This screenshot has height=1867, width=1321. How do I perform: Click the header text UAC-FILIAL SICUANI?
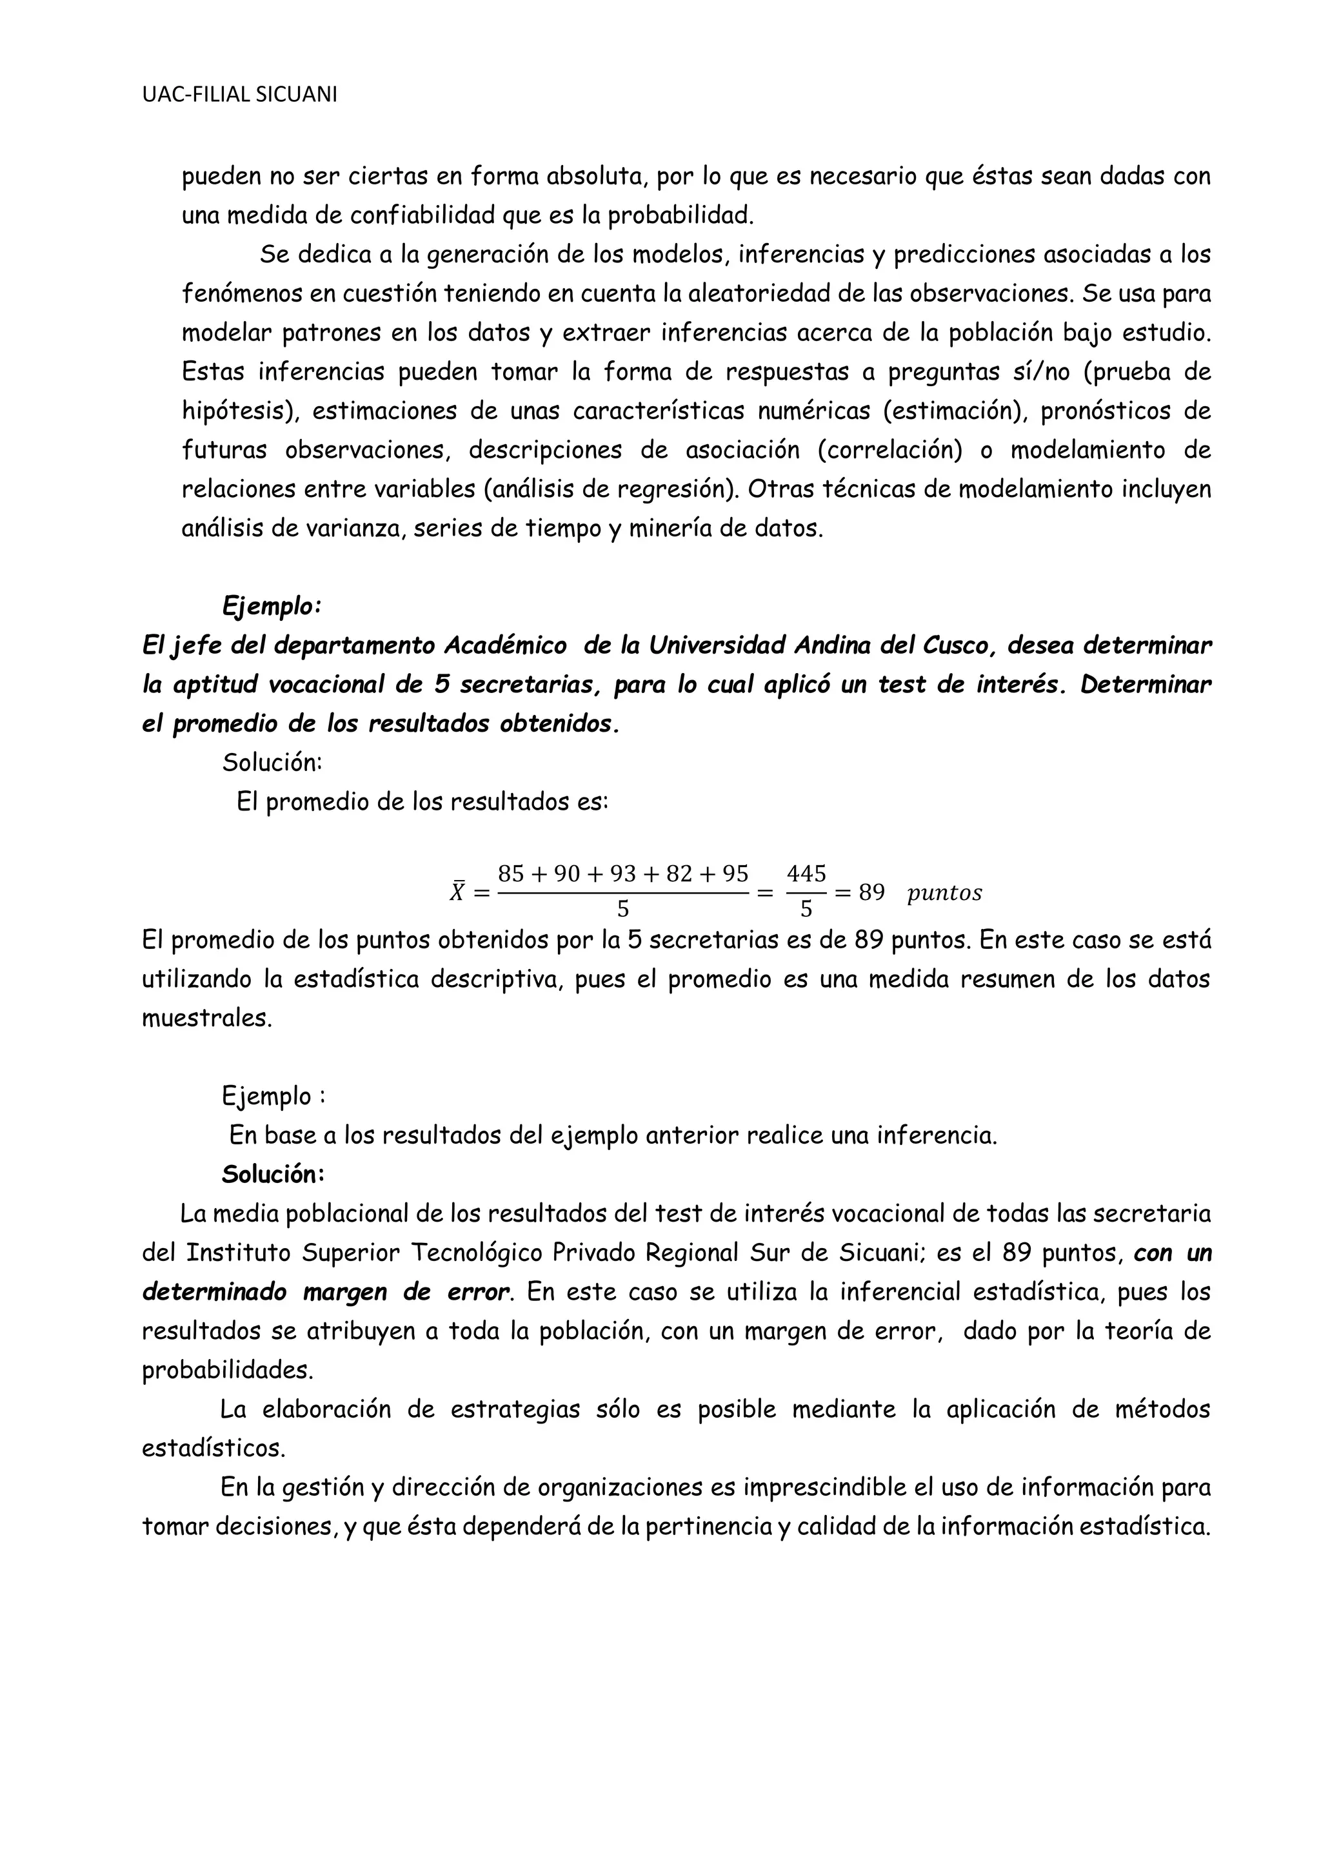pos(239,95)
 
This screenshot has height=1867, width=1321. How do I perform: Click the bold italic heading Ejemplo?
pos(272,606)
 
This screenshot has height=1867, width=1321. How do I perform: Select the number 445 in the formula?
pos(806,874)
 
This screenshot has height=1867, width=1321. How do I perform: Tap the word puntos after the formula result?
pos(944,894)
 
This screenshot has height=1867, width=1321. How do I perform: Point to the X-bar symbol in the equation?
pos(459,892)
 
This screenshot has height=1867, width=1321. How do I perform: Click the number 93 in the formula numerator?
pos(622,874)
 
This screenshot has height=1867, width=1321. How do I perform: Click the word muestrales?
pos(206,1018)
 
